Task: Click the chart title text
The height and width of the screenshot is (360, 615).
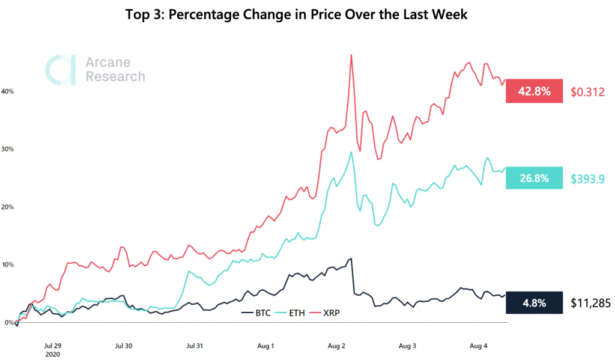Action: pyautogui.click(x=296, y=15)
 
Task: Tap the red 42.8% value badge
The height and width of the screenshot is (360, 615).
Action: pyautogui.click(x=534, y=91)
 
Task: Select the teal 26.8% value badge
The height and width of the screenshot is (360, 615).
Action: pyautogui.click(x=534, y=178)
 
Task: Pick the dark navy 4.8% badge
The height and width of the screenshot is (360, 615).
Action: pyautogui.click(x=534, y=303)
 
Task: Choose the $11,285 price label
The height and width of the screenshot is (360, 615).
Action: pyautogui.click(x=590, y=303)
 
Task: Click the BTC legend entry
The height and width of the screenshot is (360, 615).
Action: pyautogui.click(x=257, y=313)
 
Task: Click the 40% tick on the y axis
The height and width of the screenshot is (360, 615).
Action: pyautogui.click(x=8, y=91)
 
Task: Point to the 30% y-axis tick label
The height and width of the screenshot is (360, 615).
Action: pyautogui.click(x=8, y=149)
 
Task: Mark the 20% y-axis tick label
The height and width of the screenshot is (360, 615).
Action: pyautogui.click(x=8, y=207)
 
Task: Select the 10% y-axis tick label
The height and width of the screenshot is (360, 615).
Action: pyautogui.click(x=8, y=264)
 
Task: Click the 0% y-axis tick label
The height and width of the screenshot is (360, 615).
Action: pyautogui.click(x=9, y=323)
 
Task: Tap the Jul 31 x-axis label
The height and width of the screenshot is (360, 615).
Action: pyautogui.click(x=195, y=346)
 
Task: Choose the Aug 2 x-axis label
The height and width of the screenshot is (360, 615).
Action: pyautogui.click(x=336, y=346)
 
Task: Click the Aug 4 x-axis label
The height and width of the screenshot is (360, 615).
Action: pyautogui.click(x=478, y=346)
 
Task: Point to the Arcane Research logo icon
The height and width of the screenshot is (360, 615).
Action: pyautogui.click(x=61, y=69)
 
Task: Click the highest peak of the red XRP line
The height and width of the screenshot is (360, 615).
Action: pyautogui.click(x=351, y=55)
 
